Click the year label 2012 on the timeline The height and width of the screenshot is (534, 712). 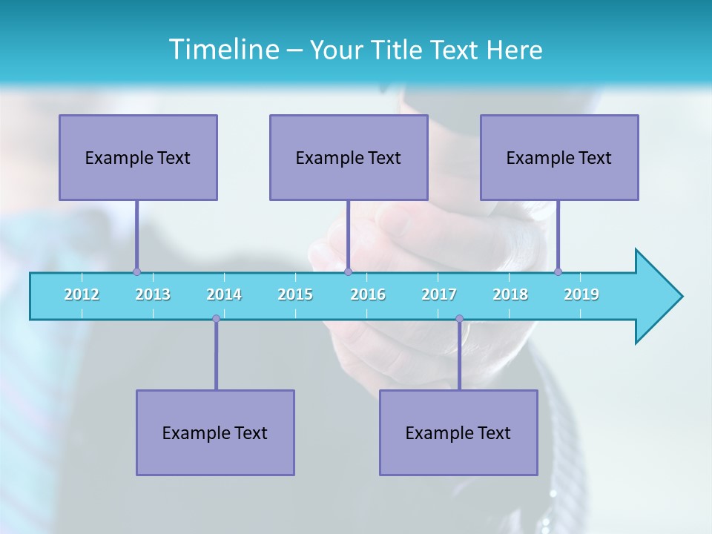point(82,294)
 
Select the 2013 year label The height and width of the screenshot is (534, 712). point(153,294)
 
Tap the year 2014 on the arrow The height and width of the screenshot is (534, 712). point(224,294)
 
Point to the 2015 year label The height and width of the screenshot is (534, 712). point(295,294)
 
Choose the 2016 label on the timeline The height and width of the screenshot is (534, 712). point(368,294)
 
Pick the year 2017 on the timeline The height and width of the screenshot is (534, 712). point(439,294)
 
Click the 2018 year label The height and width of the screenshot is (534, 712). point(510,294)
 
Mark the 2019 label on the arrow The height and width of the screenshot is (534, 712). point(581,294)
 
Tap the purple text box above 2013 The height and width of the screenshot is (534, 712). point(138,157)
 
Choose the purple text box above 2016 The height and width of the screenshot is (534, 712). point(349,157)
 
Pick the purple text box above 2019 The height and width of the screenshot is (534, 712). point(559,157)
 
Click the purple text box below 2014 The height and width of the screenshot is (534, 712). point(215,432)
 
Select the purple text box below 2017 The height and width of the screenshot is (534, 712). point(458,432)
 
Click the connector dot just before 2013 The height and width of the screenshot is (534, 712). point(136,271)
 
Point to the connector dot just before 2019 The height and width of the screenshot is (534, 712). point(558,271)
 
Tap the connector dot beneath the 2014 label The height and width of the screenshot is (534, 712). point(216,319)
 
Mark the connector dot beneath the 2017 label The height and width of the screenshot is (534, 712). point(459,319)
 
